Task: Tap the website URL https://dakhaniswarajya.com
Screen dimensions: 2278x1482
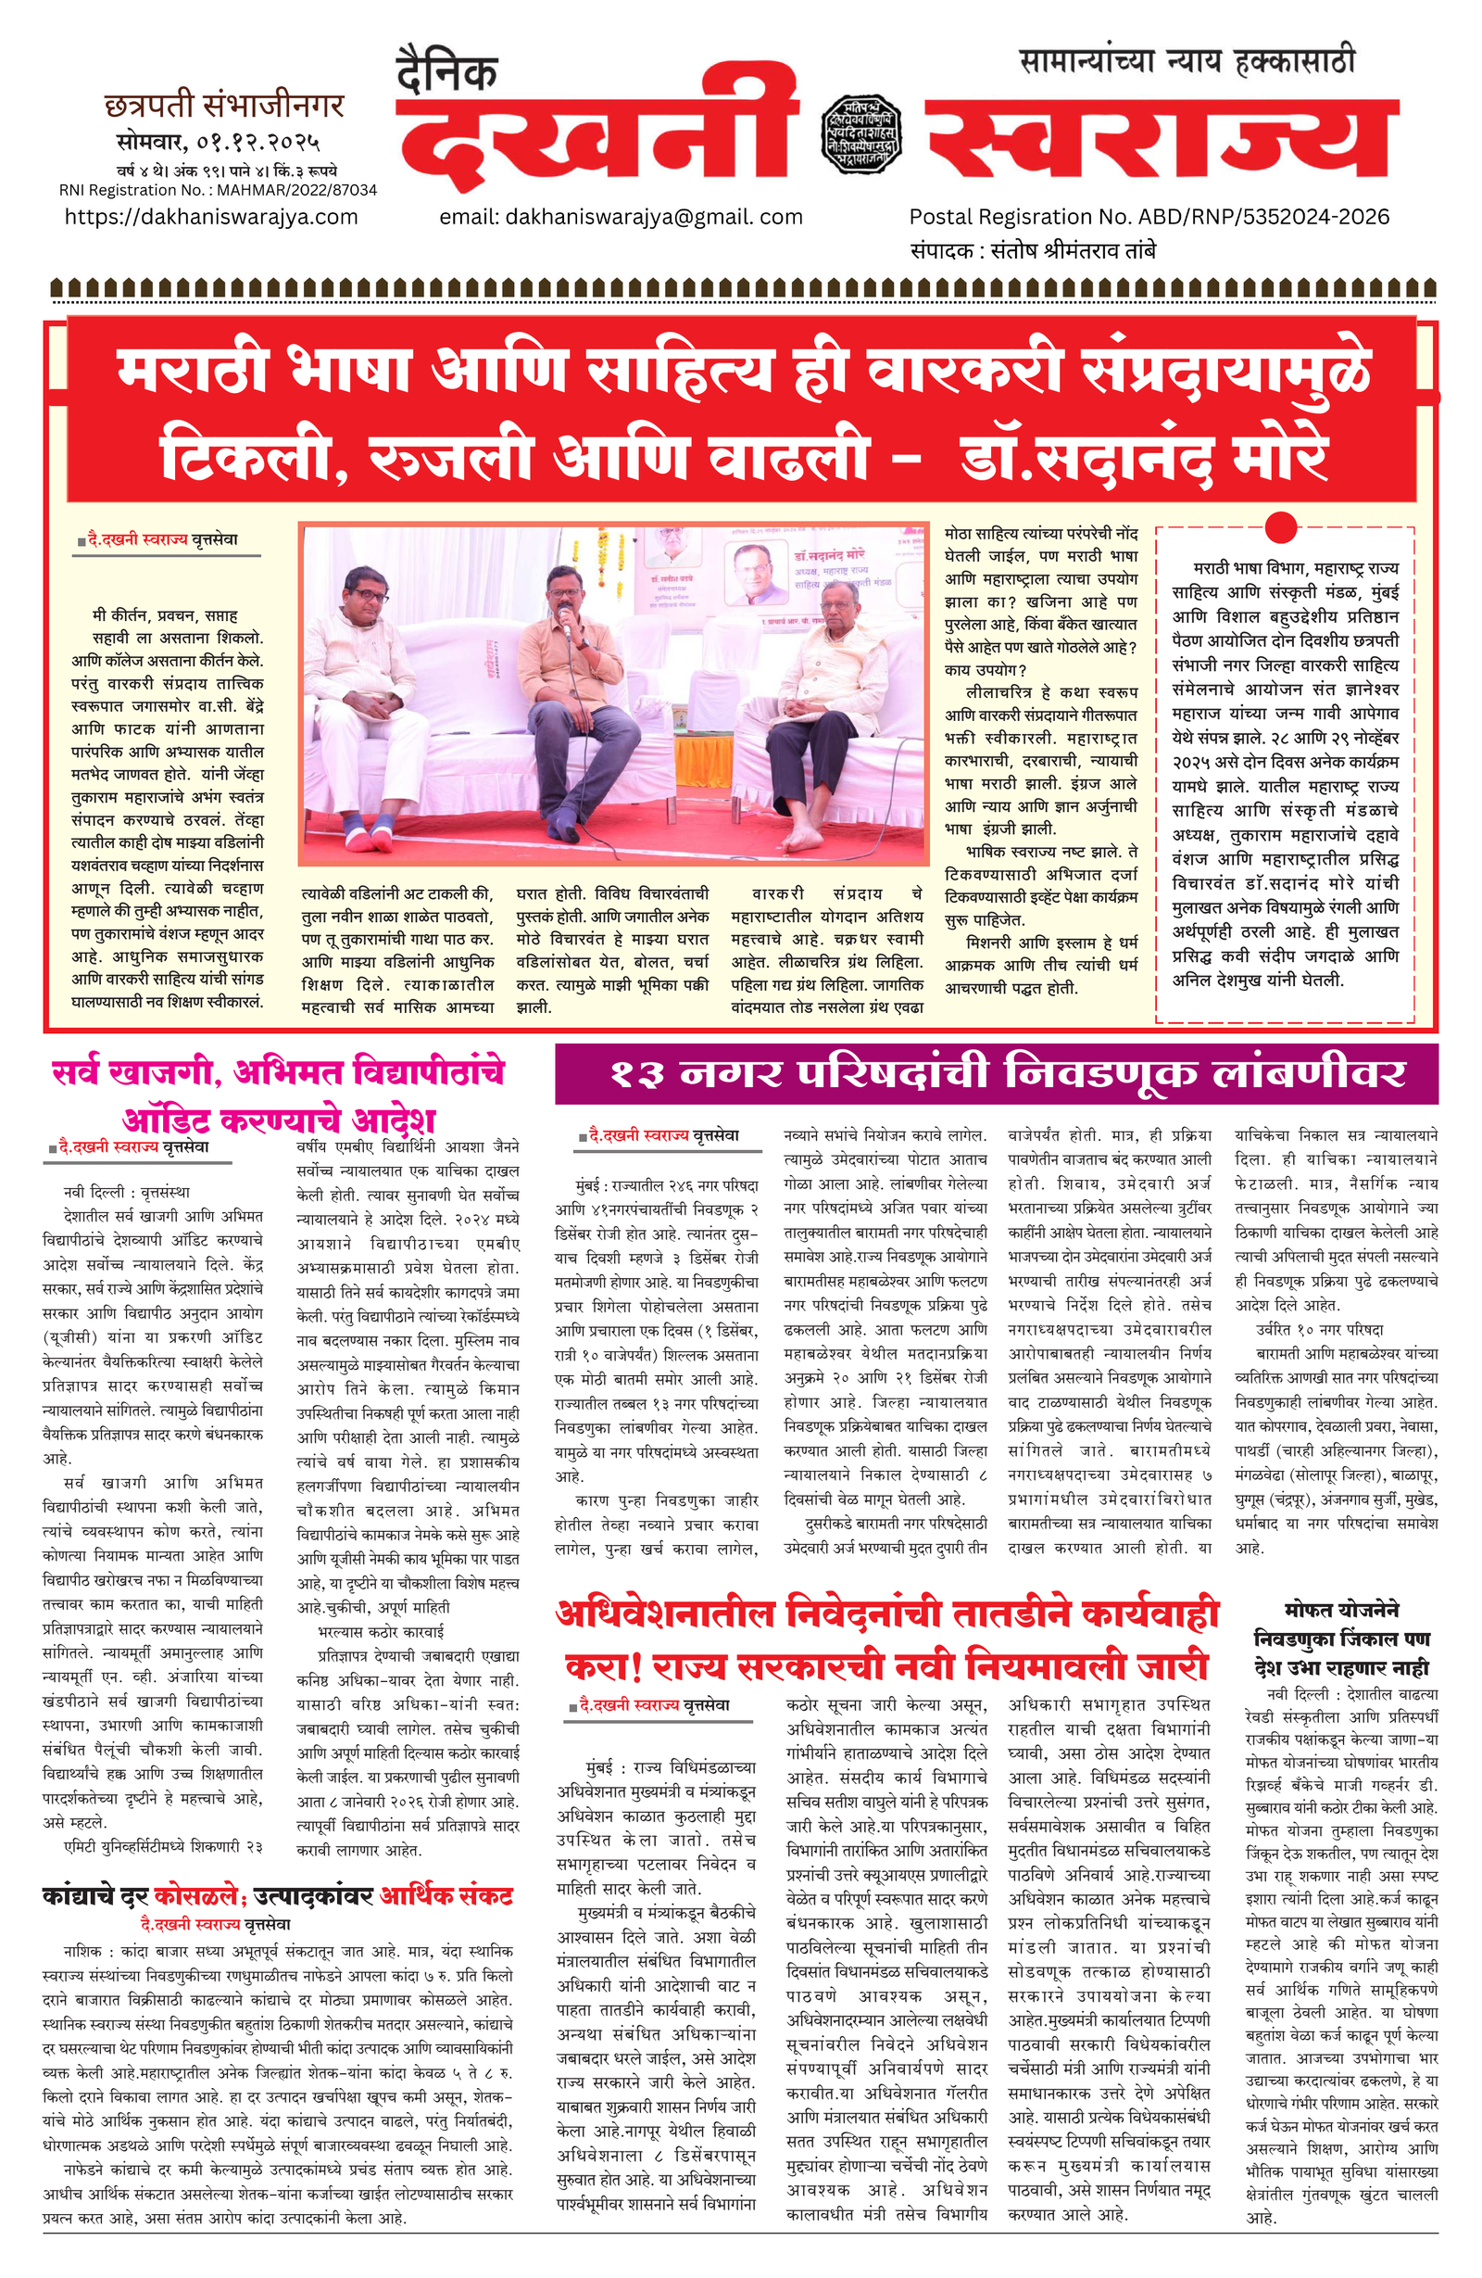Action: click(x=211, y=217)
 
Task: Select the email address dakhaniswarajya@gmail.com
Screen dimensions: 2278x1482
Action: click(x=621, y=217)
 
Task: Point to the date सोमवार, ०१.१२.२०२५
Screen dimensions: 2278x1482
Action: click(x=219, y=143)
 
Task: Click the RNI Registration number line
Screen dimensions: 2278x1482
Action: click(x=219, y=189)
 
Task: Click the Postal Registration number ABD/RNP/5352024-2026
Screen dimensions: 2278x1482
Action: click(x=1149, y=217)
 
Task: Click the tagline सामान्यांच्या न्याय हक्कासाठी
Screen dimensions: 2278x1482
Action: click(x=1187, y=62)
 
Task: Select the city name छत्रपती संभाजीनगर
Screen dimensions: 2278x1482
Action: click(x=224, y=106)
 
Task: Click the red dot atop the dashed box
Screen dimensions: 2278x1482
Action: click(x=1280, y=527)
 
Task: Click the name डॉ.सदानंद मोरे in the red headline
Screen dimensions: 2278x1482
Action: click(x=1144, y=453)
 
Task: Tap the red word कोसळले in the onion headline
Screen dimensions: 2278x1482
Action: click(x=199, y=1896)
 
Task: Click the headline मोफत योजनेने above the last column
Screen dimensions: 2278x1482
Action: click(x=1341, y=1610)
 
